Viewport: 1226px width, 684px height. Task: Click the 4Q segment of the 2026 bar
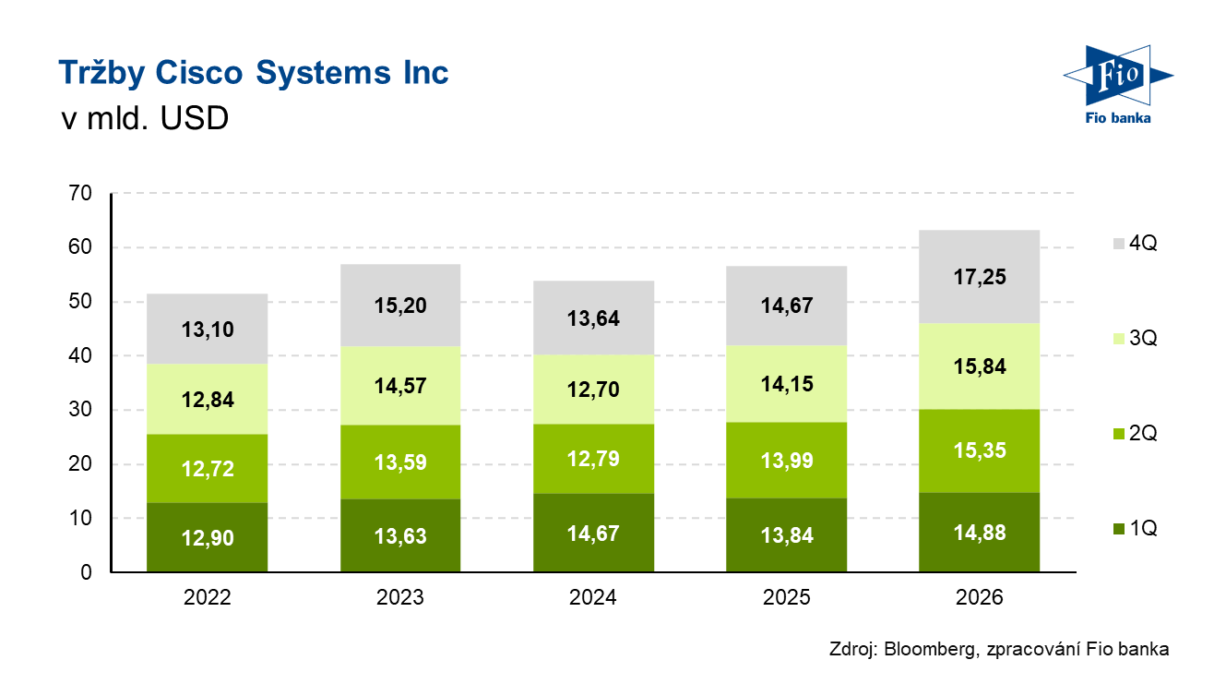pyautogui.click(x=979, y=277)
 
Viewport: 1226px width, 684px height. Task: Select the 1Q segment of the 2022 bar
pyautogui.click(x=207, y=537)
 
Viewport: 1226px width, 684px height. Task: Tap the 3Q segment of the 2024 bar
pyautogui.click(x=593, y=390)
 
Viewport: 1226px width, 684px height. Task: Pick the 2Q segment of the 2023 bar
pyautogui.click(x=400, y=462)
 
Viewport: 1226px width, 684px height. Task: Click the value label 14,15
pyautogui.click(x=787, y=384)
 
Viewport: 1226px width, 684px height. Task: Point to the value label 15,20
pyautogui.click(x=400, y=305)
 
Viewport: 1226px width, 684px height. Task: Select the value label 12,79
pyautogui.click(x=593, y=459)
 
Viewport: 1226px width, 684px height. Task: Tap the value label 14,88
pyautogui.click(x=979, y=533)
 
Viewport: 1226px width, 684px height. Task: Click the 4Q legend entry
pyautogui.click(x=1136, y=243)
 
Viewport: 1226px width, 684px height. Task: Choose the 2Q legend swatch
pyautogui.click(x=1119, y=434)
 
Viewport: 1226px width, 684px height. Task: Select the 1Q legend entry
pyautogui.click(x=1136, y=529)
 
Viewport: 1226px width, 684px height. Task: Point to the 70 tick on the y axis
pyautogui.click(x=80, y=193)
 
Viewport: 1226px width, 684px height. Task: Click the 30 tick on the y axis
pyautogui.click(x=80, y=409)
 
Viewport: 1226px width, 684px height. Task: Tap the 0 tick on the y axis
pyautogui.click(x=87, y=572)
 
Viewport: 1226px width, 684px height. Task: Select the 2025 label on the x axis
pyautogui.click(x=787, y=597)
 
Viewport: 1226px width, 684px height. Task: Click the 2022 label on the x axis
pyautogui.click(x=207, y=597)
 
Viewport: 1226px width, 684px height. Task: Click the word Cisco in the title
pyautogui.click(x=198, y=72)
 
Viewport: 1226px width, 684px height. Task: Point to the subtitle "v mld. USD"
pyautogui.click(x=145, y=118)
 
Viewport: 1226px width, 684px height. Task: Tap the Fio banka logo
pyautogui.click(x=1118, y=84)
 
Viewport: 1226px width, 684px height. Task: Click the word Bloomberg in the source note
pyautogui.click(x=930, y=649)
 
